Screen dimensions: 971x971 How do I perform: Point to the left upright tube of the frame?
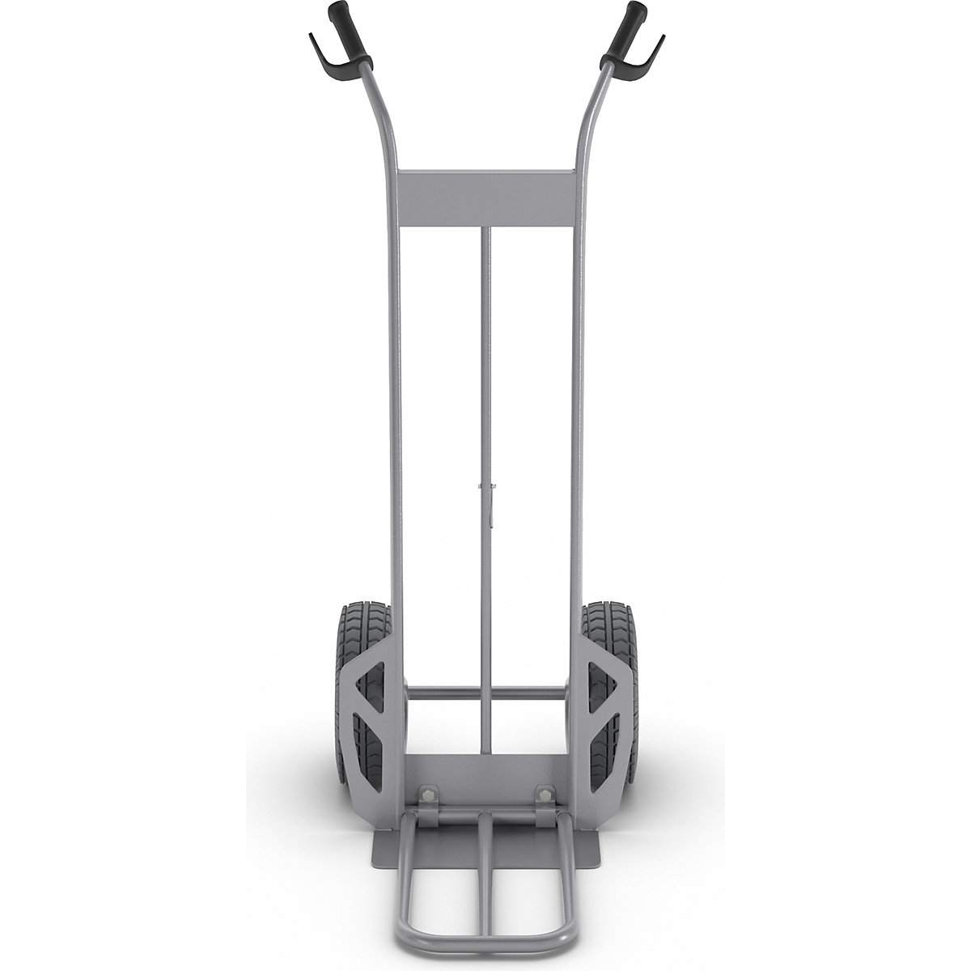396,405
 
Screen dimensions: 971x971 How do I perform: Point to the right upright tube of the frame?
577,405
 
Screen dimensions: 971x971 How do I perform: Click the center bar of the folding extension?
485,882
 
